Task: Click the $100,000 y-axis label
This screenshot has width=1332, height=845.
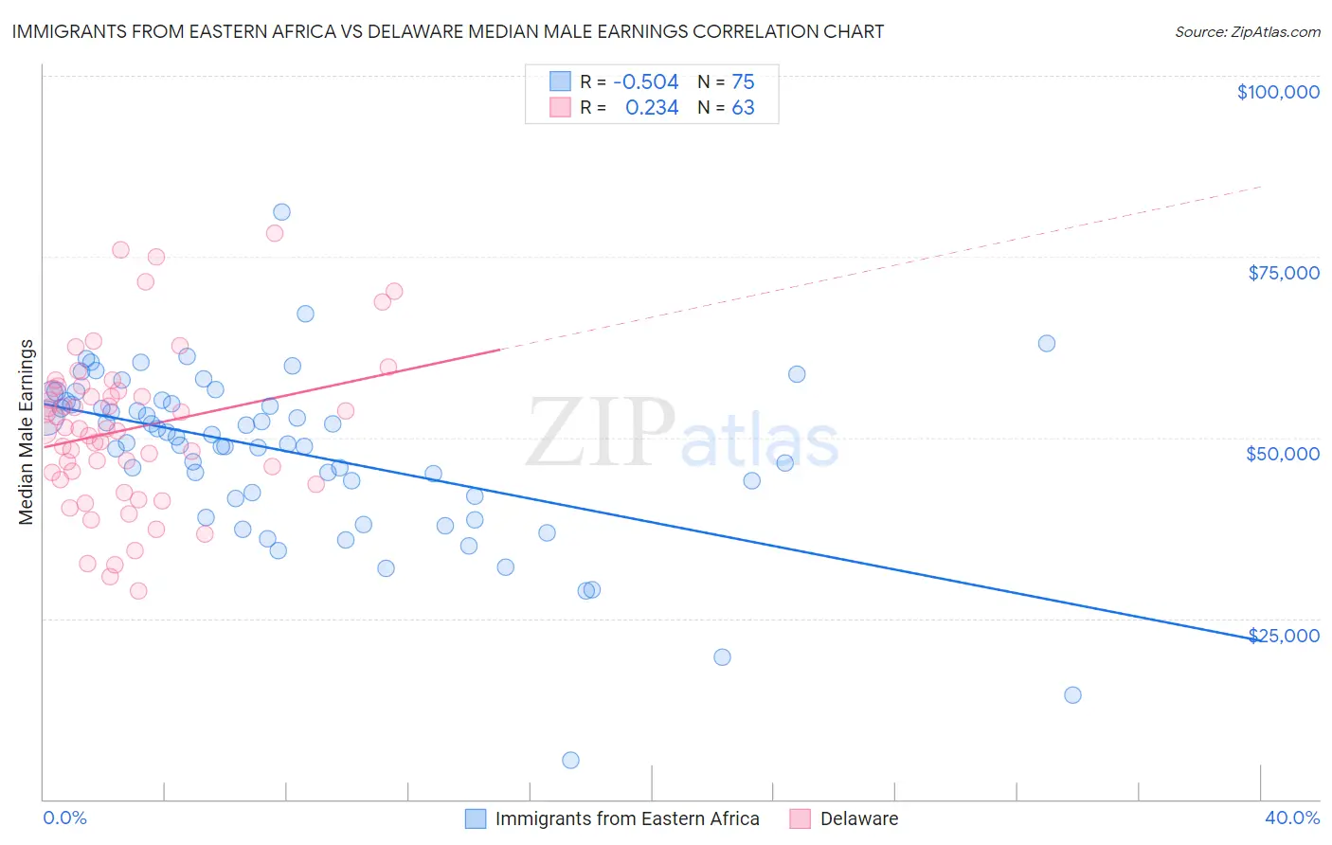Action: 1278,92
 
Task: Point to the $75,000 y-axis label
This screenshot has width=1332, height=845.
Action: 1283,273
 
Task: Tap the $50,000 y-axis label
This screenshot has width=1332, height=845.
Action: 1282,454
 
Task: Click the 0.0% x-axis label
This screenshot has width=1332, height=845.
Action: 64,818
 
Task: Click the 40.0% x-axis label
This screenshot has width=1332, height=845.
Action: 1291,818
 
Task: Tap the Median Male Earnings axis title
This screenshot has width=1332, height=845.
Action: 27,432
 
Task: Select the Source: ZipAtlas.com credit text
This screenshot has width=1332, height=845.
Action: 1247,32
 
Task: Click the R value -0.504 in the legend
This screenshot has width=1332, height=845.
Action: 645,82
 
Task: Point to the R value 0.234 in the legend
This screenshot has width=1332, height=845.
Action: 652,108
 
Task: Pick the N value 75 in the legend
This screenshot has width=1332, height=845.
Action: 743,82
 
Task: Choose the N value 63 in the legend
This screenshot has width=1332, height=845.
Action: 743,108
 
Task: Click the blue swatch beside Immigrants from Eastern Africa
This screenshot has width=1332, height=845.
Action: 476,818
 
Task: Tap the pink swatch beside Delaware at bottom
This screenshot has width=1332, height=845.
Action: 801,818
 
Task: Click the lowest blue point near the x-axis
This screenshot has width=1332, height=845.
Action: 570,760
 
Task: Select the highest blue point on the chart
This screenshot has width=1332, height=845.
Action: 281,212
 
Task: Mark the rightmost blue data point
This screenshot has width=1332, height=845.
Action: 1072,695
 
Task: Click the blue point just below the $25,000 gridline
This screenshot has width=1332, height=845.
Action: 722,657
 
